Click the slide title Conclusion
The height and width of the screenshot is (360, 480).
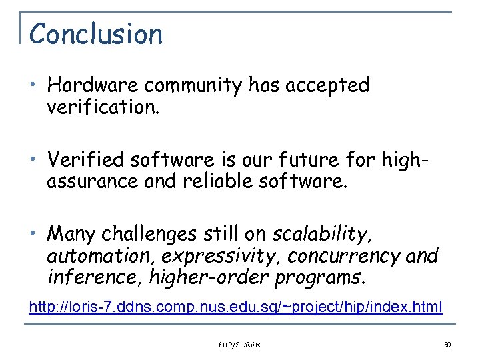point(96,34)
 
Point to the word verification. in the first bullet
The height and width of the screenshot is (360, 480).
point(103,107)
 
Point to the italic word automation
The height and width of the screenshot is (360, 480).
point(91,256)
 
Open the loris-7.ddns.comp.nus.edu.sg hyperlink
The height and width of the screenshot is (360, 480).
point(235,306)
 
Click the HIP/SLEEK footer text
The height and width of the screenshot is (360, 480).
point(241,345)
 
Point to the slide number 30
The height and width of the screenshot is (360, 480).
point(447,345)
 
